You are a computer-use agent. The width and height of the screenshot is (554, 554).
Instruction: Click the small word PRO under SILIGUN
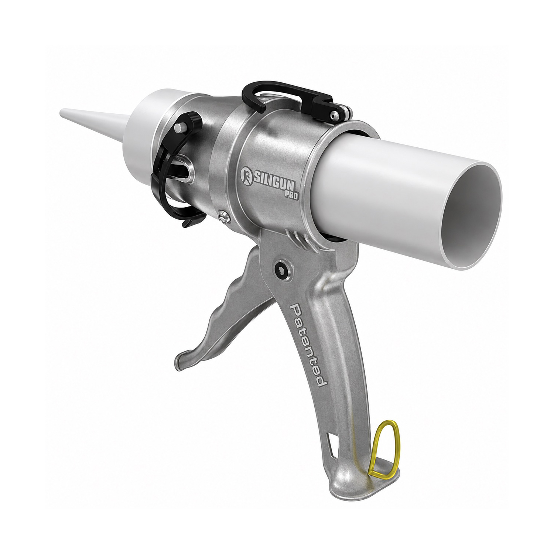point(291,196)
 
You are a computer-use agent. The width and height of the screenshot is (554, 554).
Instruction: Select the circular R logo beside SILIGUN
point(246,174)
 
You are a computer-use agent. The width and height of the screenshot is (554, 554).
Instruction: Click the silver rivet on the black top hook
point(335,115)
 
